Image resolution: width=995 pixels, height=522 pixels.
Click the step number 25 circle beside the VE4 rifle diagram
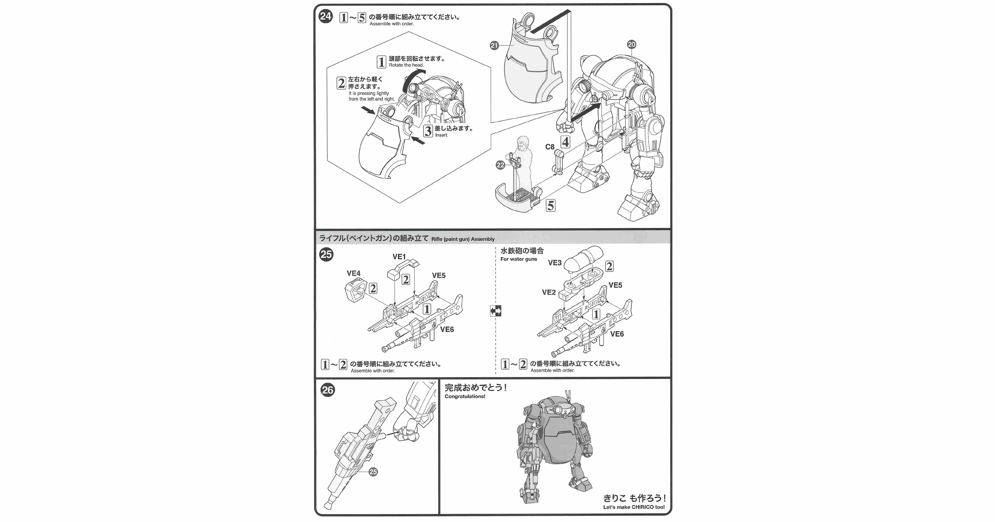point(326,254)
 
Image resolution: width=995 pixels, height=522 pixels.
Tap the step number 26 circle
point(328,390)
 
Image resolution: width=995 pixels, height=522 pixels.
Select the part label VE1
point(399,257)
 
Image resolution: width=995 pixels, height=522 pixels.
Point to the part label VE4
point(353,273)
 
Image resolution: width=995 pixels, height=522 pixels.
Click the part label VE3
point(555,263)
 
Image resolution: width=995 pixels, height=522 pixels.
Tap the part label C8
point(550,147)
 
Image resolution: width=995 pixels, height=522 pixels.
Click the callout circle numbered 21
point(494,46)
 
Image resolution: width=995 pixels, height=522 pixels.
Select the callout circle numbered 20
point(631,44)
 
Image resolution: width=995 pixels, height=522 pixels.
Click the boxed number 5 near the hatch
point(550,205)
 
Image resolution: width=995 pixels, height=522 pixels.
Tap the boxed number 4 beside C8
point(565,142)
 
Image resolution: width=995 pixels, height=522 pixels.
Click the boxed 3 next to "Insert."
point(428,131)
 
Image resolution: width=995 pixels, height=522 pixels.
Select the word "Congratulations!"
point(465,397)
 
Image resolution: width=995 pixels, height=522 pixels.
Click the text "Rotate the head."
point(406,65)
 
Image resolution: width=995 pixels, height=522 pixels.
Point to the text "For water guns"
point(518,259)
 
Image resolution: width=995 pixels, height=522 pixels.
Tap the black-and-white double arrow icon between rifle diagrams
point(496,311)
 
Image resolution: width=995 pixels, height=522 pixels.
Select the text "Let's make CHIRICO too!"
point(634,507)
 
